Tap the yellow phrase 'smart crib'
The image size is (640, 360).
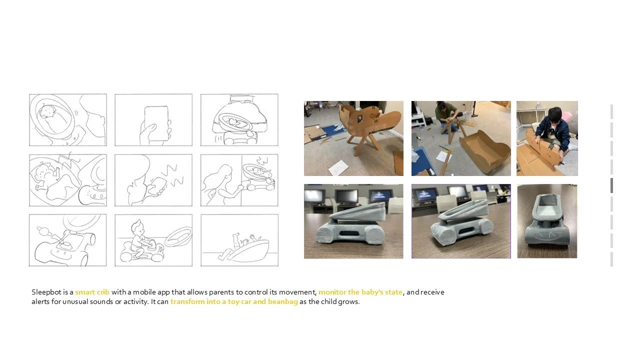[x=92, y=292]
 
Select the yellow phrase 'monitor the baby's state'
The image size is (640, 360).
[x=360, y=292]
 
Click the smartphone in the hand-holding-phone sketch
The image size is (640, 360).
[x=156, y=123]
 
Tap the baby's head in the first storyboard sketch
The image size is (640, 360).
[x=46, y=111]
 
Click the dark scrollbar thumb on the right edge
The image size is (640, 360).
[x=611, y=185]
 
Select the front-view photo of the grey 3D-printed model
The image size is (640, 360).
[x=547, y=221]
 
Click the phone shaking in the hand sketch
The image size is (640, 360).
[x=157, y=186]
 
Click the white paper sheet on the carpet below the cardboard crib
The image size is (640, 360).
[x=338, y=168]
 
